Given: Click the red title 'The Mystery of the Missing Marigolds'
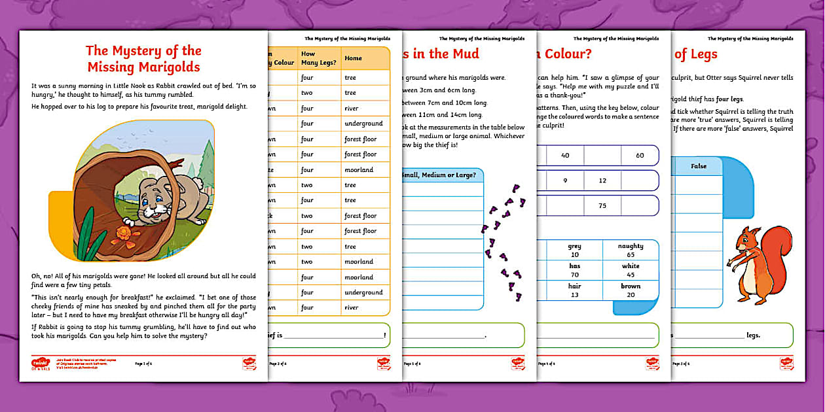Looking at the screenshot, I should (143, 58).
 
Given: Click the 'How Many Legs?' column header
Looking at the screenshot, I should (316, 58).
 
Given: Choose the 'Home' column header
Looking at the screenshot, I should (353, 58).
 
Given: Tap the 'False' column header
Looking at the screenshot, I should (699, 166).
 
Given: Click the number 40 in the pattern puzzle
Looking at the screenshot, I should (565, 155).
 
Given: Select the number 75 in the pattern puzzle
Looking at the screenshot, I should (602, 205).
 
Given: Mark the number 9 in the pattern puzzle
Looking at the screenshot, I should (565, 180).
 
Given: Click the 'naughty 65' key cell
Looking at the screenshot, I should (630, 250).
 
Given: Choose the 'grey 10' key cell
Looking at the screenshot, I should (575, 250).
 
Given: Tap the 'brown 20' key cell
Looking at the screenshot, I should (630, 290).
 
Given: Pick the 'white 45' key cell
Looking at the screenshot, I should (630, 270).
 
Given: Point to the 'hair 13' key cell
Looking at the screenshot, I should (575, 290).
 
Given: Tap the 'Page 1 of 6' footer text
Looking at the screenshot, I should (143, 363).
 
